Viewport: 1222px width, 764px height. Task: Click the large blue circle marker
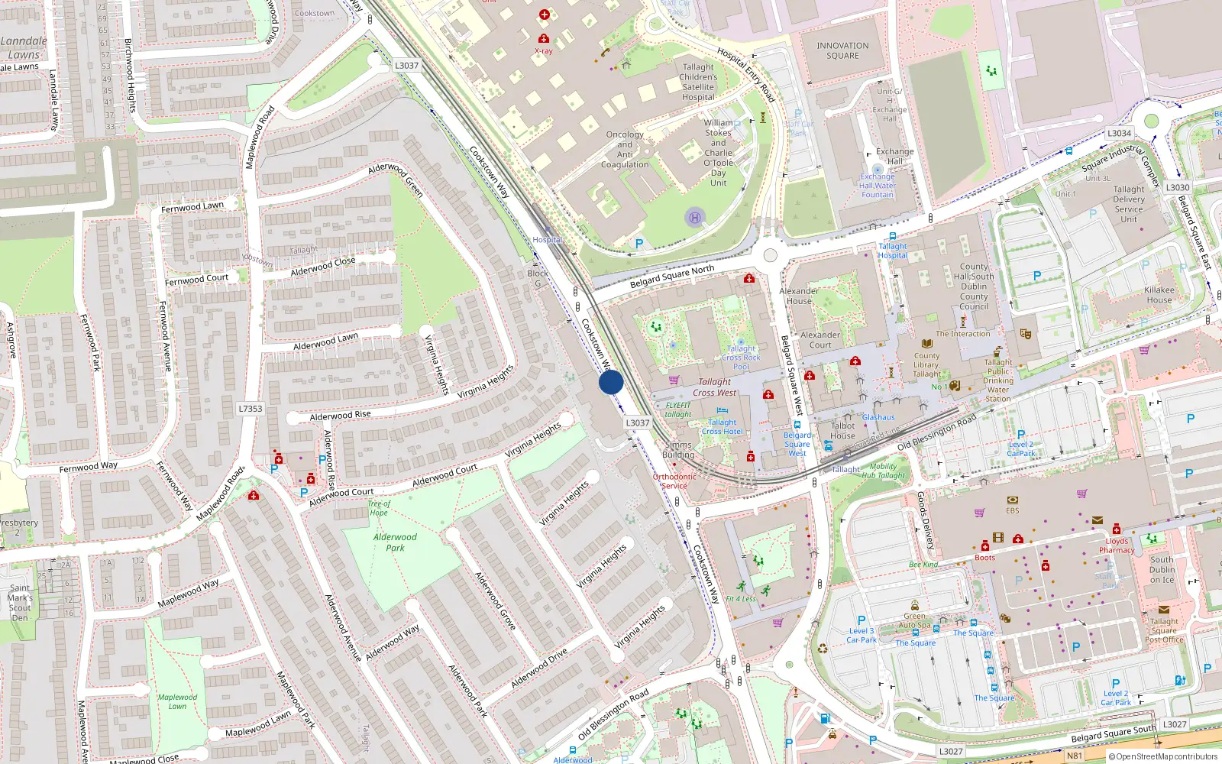coord(610,382)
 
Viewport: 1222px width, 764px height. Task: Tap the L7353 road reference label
coord(250,409)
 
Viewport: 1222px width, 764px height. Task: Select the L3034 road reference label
coord(1119,133)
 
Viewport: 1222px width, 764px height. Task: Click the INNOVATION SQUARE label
coord(842,50)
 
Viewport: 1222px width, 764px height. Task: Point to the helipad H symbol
coord(694,218)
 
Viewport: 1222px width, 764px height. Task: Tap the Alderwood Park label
coord(395,542)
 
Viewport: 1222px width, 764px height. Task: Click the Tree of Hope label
coord(378,508)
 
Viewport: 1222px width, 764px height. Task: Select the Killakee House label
coord(1159,295)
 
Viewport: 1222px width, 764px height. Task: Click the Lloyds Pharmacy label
coord(1117,545)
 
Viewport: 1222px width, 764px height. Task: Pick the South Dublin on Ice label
coord(1162,570)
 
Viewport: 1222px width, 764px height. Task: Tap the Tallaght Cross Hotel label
coord(722,426)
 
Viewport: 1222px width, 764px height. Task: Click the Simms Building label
coord(678,449)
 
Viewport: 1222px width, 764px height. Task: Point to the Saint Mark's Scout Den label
coord(20,603)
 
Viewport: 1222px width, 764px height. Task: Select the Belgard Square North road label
coord(672,277)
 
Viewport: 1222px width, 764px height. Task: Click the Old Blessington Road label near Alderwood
coord(613,714)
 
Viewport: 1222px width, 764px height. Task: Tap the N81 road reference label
coord(1074,756)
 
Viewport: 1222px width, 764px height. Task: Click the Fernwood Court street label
coord(196,280)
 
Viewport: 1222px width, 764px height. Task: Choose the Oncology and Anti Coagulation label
coord(625,149)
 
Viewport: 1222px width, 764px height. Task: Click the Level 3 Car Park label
coord(861,636)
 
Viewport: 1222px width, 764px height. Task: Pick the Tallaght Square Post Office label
coord(1164,630)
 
